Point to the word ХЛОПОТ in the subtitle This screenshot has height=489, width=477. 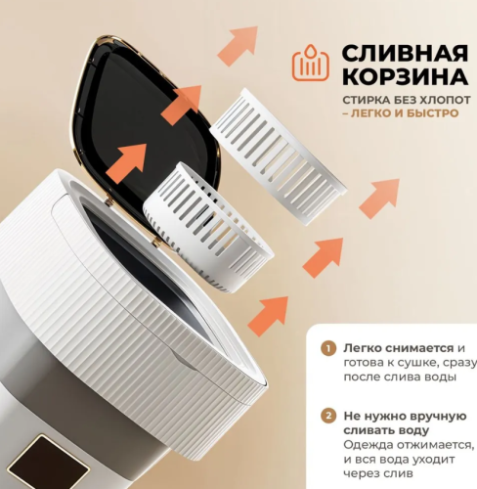point(432,102)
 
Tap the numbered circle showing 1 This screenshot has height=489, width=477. point(328,348)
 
